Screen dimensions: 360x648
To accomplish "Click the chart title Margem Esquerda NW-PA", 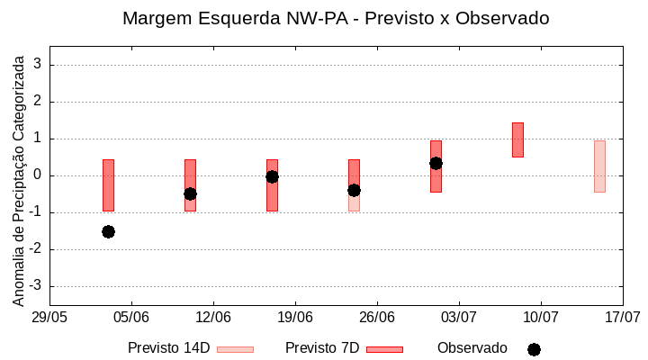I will coord(336,18).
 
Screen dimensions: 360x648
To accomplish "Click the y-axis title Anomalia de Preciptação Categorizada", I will coord(18,178).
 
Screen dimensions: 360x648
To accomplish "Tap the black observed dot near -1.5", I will coord(108,231).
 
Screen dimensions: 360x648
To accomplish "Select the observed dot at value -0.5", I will coord(190,193).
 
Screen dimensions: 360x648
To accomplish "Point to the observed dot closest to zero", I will coord(272,176).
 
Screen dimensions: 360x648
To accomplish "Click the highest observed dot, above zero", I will coord(436,163).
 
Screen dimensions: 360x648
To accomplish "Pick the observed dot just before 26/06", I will coord(354,190).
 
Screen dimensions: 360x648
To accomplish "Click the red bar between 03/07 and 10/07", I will coord(517,139).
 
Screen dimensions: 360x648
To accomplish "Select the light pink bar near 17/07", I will coord(599,166).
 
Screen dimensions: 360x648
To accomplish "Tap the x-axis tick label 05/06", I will coord(131,317).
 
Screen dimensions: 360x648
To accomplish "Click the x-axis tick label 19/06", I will coord(295,317).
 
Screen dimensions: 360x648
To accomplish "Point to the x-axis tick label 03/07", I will coord(459,317).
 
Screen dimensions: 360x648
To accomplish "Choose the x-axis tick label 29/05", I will coord(49,317).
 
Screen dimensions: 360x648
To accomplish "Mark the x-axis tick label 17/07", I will coord(622,317).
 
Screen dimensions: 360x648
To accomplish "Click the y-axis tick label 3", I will coord(38,65).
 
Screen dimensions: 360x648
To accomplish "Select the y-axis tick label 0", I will coord(38,175).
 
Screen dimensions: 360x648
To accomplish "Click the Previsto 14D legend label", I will coord(168,348).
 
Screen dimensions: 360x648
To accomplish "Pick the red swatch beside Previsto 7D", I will coord(384,349).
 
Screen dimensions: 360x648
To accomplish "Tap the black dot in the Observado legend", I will coord(534,349).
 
